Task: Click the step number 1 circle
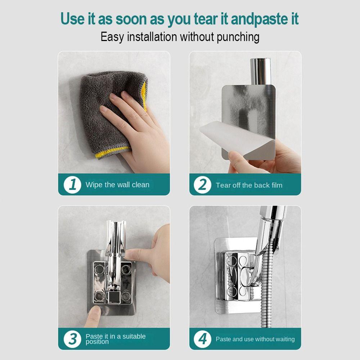(72, 184)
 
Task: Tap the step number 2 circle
(202, 185)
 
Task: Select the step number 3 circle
(72, 339)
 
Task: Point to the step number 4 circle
(202, 339)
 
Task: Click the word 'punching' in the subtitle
(238, 37)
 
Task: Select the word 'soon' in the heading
(131, 19)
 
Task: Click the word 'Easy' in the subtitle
(112, 37)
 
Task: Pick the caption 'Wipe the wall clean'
(117, 185)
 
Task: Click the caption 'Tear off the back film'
(249, 185)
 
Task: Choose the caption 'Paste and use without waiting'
(255, 339)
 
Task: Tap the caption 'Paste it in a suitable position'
(116, 339)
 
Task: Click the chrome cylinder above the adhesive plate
(260, 71)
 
